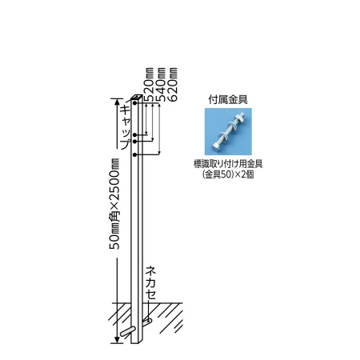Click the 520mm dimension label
click(150, 85)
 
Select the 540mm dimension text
click(161, 85)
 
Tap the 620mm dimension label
click(173, 85)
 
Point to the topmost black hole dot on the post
click(135, 102)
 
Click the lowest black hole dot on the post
click(135, 154)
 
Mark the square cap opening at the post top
click(137, 97)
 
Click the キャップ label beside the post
click(126, 127)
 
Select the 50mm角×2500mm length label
click(114, 204)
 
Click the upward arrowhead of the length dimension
click(117, 102)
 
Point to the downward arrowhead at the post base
click(117, 340)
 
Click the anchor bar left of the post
click(126, 331)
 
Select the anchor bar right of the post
click(147, 322)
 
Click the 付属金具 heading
click(228, 100)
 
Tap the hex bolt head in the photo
click(216, 146)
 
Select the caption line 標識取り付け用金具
click(228, 164)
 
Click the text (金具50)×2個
click(228, 174)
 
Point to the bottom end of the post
click(137, 343)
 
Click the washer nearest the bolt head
click(222, 136)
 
